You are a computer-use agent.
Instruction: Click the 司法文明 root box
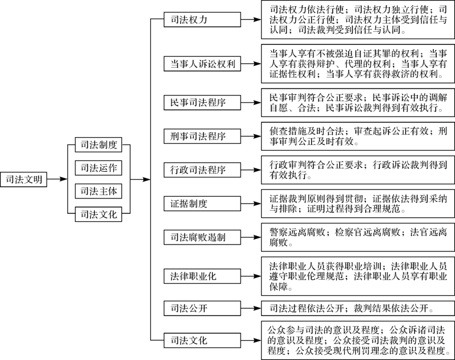pos(23,180)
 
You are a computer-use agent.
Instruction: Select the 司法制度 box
pos(98,144)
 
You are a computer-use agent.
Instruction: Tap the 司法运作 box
pos(98,168)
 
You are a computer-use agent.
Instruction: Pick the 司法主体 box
pos(98,191)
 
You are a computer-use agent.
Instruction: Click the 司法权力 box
pos(202,19)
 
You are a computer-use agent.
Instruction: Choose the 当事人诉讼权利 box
pos(202,64)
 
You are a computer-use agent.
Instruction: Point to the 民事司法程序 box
pos(202,102)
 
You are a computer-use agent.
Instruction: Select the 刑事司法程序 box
pos(202,136)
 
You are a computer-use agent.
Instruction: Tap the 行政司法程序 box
pos(202,169)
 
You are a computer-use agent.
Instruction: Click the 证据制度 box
pos(202,204)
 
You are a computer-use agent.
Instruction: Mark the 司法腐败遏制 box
pos(202,237)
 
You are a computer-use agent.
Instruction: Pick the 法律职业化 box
pos(202,276)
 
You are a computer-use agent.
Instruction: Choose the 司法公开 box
pos(202,308)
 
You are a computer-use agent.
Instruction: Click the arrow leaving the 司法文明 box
pos(57,179)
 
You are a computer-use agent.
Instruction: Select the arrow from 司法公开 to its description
pos(251,308)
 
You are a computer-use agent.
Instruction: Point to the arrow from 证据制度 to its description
pos(251,204)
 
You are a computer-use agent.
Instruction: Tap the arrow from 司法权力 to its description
pos(251,19)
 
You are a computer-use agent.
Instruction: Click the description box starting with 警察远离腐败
pos(358,237)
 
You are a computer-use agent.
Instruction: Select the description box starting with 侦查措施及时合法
pos(358,136)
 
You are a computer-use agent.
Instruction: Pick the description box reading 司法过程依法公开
pos(358,308)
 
